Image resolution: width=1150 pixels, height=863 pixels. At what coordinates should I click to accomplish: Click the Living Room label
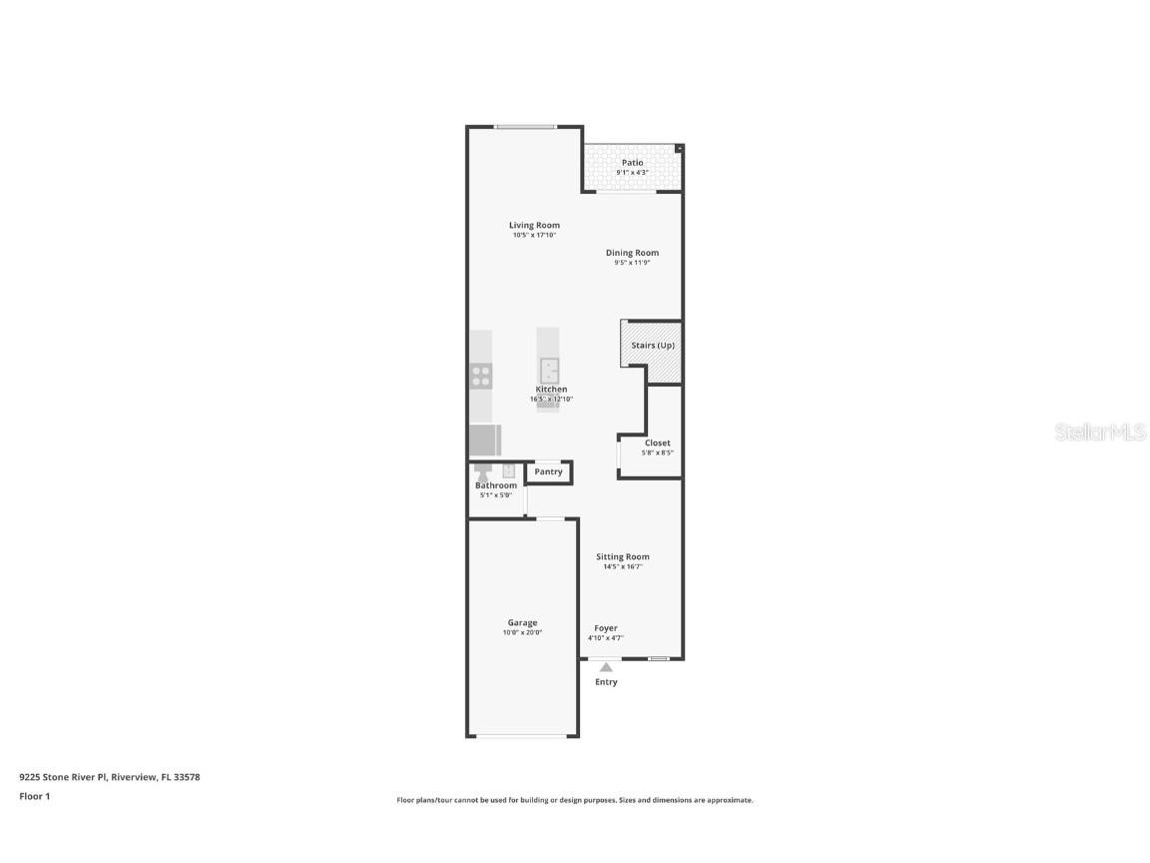pos(534,226)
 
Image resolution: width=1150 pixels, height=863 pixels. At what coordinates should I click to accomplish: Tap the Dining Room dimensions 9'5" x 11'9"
pos(632,263)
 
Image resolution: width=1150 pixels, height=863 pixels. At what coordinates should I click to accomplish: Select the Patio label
pos(633,162)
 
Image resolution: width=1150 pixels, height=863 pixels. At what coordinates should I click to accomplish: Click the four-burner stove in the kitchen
pos(481,376)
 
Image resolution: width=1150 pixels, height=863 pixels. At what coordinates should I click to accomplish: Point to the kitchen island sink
pos(549,371)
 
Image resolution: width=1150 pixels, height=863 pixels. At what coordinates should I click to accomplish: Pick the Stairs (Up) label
pos(653,346)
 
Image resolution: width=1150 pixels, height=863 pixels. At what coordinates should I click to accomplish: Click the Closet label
pos(657,442)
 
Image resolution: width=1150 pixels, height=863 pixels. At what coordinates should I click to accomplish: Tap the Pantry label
pos(548,471)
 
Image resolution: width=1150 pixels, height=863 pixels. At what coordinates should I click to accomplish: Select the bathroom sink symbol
pos(508,470)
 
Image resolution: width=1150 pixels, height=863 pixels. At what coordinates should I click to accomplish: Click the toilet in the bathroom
pos(482,473)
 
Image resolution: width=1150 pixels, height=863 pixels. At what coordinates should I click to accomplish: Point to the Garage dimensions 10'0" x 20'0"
pos(522,632)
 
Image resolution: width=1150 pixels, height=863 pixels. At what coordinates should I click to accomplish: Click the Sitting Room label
pos(623,556)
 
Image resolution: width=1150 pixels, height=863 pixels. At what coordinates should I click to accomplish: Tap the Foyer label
pos(606,628)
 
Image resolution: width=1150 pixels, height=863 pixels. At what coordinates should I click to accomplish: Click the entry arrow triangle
pos(606,666)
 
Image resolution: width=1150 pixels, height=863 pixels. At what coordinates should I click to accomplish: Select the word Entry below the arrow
pos(606,682)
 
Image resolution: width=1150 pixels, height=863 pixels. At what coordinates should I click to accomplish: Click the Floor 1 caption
pos(34,796)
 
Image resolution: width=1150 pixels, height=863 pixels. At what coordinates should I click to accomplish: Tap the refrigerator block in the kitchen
pos(484,439)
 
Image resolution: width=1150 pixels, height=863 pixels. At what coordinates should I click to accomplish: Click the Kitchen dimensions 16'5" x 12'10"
pos(551,400)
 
